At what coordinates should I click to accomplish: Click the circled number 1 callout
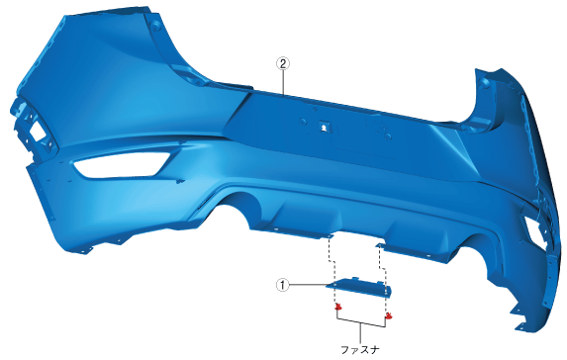(x=283, y=285)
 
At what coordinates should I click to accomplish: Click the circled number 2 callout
(x=283, y=63)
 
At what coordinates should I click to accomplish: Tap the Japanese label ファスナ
(x=360, y=350)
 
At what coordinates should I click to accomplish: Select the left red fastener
(x=338, y=308)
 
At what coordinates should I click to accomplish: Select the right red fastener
(x=388, y=316)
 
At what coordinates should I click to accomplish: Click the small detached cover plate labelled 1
(x=358, y=288)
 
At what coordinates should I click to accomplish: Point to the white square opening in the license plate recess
(x=323, y=128)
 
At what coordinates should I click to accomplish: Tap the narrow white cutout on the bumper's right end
(x=534, y=228)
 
